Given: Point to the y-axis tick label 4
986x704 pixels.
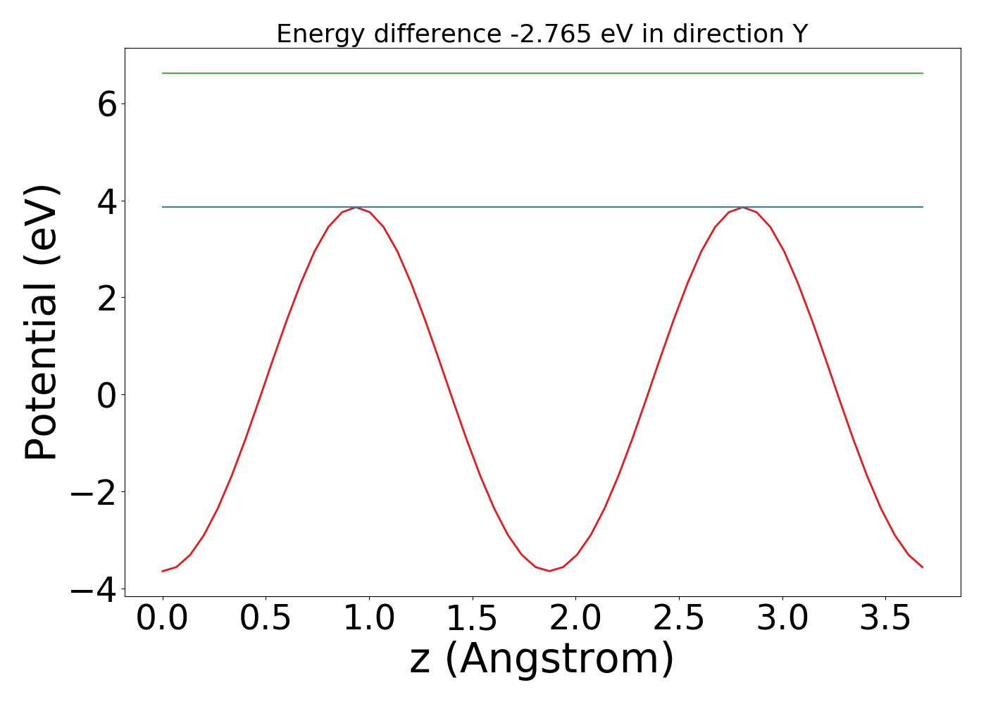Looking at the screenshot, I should point(107,202).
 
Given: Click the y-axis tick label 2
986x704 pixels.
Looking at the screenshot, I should point(107,298).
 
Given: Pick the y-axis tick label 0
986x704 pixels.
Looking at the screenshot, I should point(107,395).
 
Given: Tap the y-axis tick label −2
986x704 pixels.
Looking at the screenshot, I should point(92,492).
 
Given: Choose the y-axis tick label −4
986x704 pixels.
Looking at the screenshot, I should point(92,589).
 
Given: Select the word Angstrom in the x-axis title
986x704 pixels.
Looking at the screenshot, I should point(559,660).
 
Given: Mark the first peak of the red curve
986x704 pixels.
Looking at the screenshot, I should point(356,208).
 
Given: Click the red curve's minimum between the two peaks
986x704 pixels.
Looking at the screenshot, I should point(549,571).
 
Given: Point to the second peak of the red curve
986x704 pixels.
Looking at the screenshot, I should point(742,208).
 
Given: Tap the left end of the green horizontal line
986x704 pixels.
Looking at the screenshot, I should point(163,73).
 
